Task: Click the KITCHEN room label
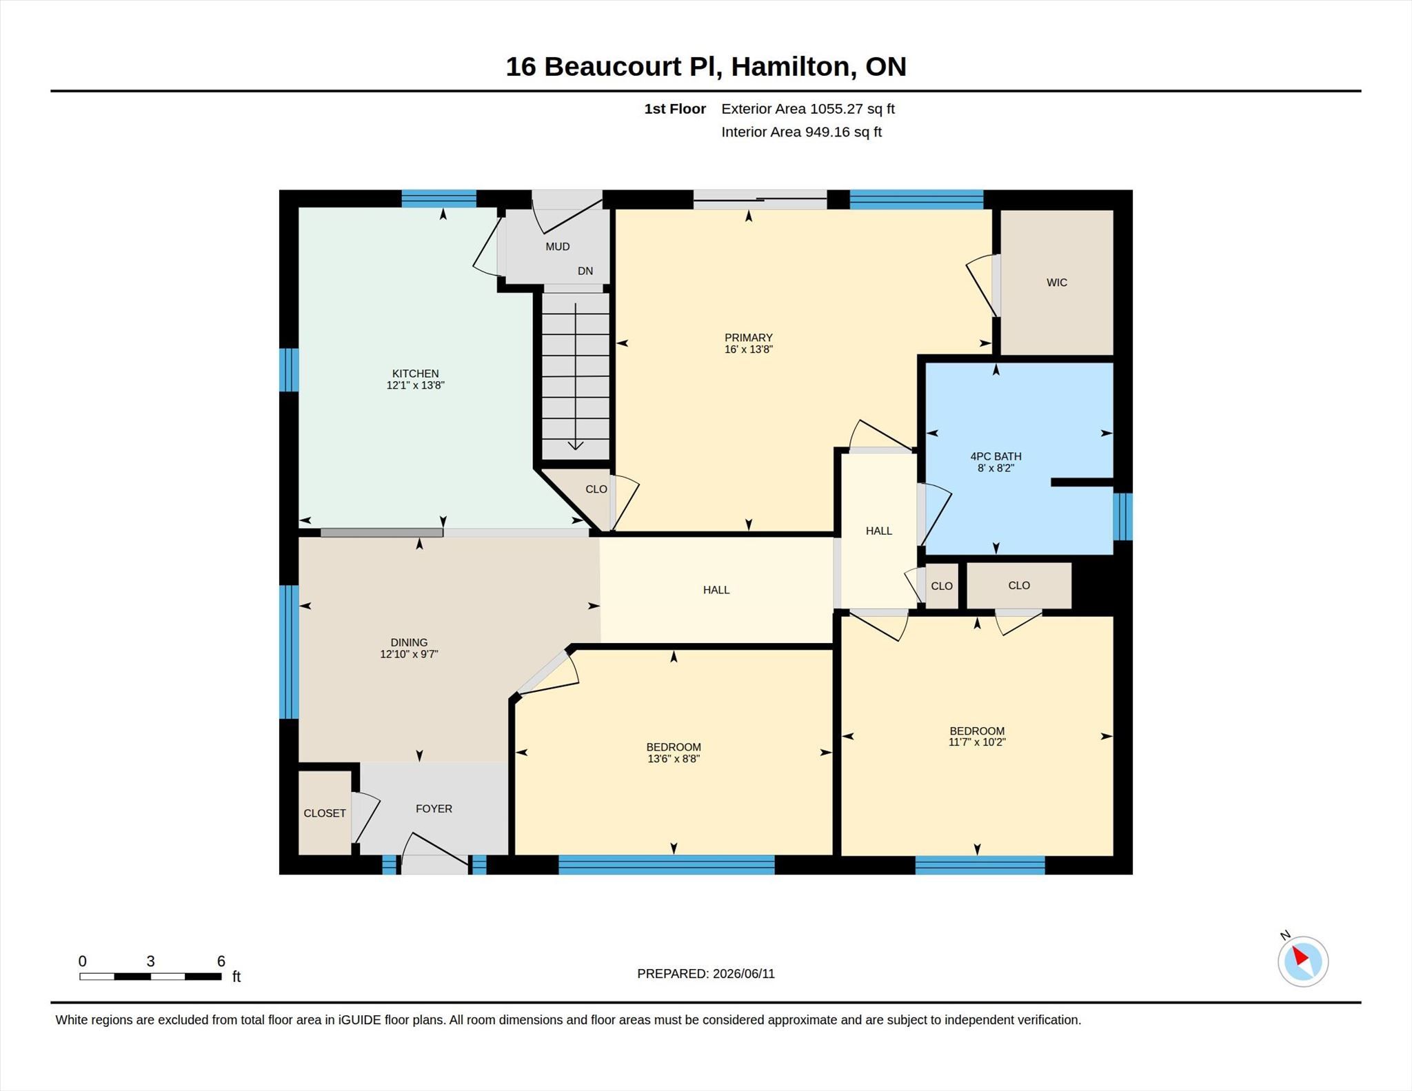coord(415,374)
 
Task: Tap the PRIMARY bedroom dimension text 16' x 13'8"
coord(748,349)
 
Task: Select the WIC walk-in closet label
coord(1056,283)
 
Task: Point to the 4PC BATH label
coord(996,456)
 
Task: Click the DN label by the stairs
coord(585,271)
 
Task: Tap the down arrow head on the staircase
coord(575,445)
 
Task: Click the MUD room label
coord(557,247)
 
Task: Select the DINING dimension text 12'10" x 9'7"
coord(409,654)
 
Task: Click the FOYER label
coord(434,808)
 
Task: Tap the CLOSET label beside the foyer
coord(325,813)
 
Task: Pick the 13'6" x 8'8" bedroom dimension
coord(674,759)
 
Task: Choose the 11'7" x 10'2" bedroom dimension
coord(977,742)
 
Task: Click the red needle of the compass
coord(1300,956)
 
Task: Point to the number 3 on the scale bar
coord(150,961)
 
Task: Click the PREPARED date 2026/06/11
coord(744,974)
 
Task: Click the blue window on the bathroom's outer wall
coord(1123,516)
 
